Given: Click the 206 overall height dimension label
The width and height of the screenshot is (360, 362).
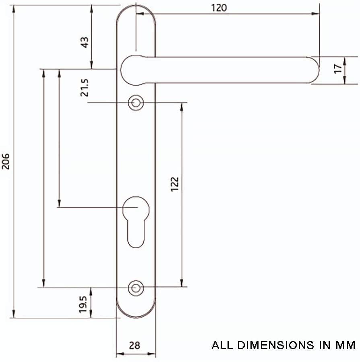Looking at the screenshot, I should pyautogui.click(x=6, y=161).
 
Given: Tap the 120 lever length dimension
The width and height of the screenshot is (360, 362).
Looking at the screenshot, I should pyautogui.click(x=219, y=8).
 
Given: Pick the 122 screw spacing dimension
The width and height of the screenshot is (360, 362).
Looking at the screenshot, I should pyautogui.click(x=174, y=184).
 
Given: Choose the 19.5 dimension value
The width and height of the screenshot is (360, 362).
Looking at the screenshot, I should pyautogui.click(x=83, y=304).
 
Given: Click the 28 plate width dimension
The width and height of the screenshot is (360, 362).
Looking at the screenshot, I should pyautogui.click(x=135, y=346).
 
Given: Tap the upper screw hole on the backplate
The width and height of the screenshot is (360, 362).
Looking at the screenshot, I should pyautogui.click(x=136, y=103).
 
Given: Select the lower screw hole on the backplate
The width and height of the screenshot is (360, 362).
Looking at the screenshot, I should pyautogui.click(x=136, y=288).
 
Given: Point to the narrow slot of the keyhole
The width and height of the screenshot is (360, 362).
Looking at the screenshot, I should pyautogui.click(x=136, y=233).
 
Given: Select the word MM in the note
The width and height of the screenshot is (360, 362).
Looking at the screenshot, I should pyautogui.click(x=346, y=345).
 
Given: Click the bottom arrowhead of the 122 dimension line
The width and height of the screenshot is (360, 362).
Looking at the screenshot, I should pyautogui.click(x=182, y=283).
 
